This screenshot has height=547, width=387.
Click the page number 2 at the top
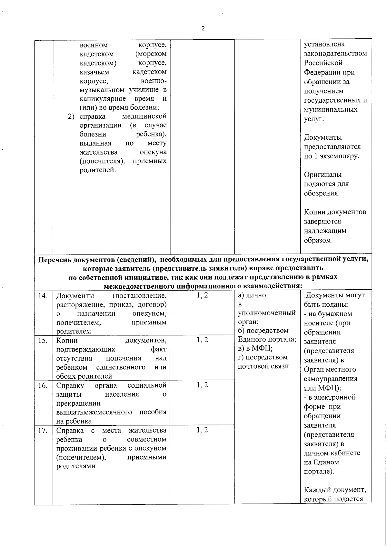click(203, 28)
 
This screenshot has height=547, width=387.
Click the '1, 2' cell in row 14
click(202, 295)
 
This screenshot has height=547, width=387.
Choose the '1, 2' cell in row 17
click(202, 430)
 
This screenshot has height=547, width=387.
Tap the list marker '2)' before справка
click(71, 116)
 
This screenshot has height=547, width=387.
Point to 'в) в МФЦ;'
click(255, 348)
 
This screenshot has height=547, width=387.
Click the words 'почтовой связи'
click(263, 366)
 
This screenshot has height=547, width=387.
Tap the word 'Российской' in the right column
click(323, 63)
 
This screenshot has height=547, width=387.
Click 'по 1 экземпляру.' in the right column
click(332, 156)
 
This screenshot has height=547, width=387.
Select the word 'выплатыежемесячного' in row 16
click(94, 412)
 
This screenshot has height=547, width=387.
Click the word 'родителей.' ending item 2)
click(97, 170)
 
